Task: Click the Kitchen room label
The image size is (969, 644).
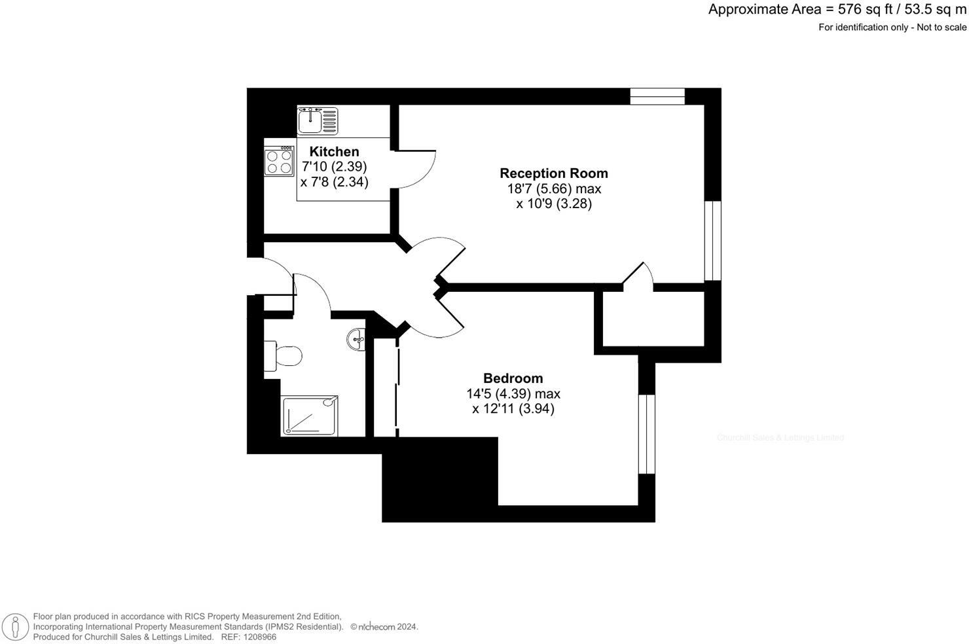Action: click(x=334, y=152)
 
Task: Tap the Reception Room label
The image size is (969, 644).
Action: click(x=554, y=173)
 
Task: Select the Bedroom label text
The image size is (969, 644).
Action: click(x=513, y=378)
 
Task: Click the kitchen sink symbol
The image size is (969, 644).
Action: click(x=318, y=121)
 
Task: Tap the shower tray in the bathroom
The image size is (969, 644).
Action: click(x=310, y=416)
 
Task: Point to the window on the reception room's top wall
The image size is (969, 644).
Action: click(x=657, y=96)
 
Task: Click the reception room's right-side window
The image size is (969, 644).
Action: click(x=712, y=240)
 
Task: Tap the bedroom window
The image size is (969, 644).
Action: click(x=646, y=433)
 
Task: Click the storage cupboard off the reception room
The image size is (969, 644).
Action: click(x=653, y=319)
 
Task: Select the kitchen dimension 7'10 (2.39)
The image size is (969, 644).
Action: click(x=334, y=167)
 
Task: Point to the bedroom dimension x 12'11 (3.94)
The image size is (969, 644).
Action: click(x=513, y=409)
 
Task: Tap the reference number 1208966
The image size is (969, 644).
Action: click(x=259, y=637)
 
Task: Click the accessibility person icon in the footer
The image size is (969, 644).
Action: click(x=14, y=626)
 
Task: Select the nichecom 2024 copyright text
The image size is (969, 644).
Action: click(x=384, y=627)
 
